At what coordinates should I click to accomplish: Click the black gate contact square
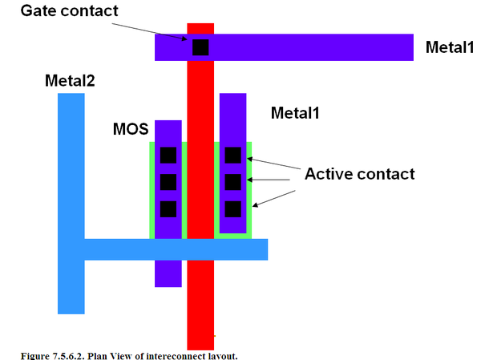[200, 47]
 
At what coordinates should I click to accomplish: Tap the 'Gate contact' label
[69, 10]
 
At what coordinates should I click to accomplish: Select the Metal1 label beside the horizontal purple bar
[450, 47]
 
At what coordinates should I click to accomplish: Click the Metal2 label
[70, 81]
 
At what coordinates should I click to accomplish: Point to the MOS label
[131, 129]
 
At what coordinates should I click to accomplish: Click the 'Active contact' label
[359, 174]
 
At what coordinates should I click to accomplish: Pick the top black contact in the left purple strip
[168, 155]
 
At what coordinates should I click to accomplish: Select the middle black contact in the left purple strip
[168, 182]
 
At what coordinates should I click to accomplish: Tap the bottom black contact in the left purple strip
[168, 209]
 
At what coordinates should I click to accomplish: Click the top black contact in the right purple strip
[233, 155]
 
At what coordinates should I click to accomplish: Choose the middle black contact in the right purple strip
[233, 182]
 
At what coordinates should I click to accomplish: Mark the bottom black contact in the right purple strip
[233, 209]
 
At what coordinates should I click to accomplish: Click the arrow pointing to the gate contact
[149, 31]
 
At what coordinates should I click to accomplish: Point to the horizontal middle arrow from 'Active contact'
[269, 180]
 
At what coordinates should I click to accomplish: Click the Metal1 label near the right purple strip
[295, 113]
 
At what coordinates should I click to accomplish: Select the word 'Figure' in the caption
[35, 356]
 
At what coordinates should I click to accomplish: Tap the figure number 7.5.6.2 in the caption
[69, 356]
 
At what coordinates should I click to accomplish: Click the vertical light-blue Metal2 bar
[71, 204]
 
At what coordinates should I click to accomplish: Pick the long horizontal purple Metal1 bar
[284, 47]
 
